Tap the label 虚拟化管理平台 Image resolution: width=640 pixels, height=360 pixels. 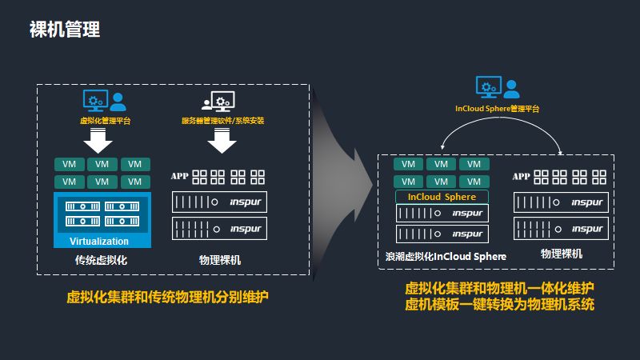coord(106,121)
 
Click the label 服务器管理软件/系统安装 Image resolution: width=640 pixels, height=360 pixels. coord(222,121)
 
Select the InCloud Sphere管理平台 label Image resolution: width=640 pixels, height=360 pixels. coord(497,107)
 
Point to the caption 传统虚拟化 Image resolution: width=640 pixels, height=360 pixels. coord(101,261)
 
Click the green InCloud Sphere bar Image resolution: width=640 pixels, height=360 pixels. coord(442,197)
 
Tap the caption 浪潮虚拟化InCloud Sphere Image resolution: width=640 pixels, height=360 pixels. coord(446,257)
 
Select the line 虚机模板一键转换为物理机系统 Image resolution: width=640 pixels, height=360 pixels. coord(500,305)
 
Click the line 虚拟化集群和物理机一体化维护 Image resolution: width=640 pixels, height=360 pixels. coord(500,288)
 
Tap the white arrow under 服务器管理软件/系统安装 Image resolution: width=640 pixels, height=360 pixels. coord(222,142)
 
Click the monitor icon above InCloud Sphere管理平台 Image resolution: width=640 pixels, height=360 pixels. coord(488,86)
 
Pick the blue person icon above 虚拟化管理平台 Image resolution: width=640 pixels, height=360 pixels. coord(118,101)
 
